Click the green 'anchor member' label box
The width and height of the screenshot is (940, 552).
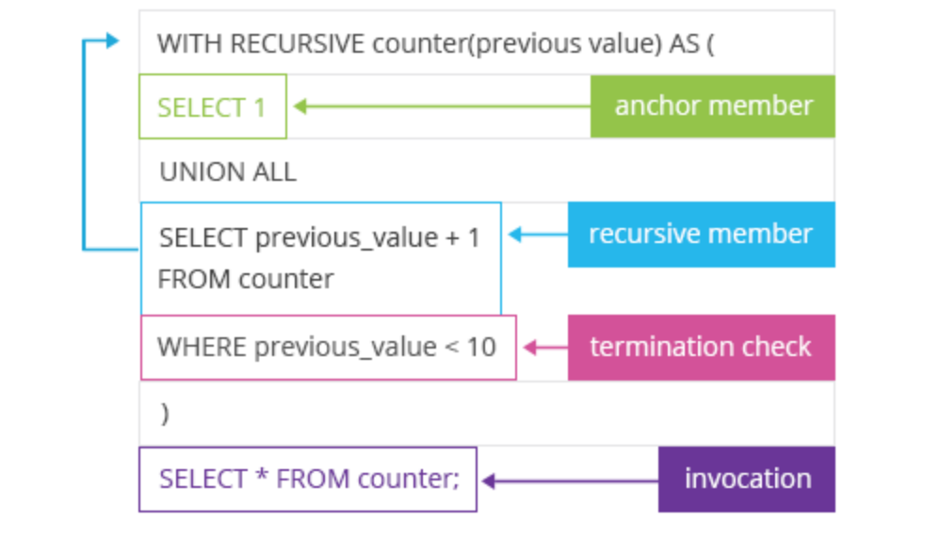coord(712,106)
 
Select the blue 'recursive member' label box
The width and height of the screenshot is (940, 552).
coord(701,234)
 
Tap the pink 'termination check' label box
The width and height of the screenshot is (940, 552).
coord(701,347)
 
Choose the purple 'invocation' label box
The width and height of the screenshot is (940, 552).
coord(747,479)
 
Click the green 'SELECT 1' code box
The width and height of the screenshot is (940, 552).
coord(212,106)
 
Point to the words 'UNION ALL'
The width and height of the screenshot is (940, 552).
coord(227,171)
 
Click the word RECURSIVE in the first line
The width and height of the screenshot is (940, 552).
coord(298,44)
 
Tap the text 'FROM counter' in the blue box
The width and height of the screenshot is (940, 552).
coord(246,280)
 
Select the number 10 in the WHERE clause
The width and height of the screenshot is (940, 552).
coord(481,347)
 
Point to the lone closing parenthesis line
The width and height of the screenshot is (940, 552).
coord(166,414)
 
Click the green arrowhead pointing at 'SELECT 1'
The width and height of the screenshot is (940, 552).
coord(300,106)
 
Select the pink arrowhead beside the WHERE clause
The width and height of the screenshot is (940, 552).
coord(529,348)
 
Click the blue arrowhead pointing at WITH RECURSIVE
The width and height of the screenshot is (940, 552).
coord(113,41)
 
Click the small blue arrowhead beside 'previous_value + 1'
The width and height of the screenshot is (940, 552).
coord(515,235)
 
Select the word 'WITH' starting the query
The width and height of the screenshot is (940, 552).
coord(189,44)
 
